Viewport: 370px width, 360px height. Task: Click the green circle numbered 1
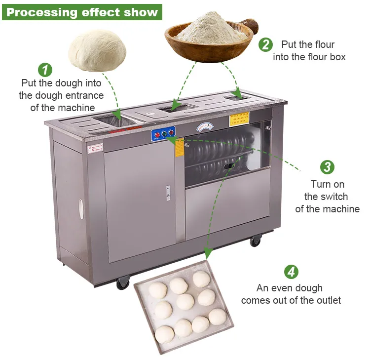[x=45, y=69]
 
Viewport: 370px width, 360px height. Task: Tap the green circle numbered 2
[x=265, y=44]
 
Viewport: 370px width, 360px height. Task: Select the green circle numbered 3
[x=327, y=167]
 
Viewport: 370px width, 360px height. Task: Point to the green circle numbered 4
[x=291, y=272]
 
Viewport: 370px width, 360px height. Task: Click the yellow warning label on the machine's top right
[x=239, y=119]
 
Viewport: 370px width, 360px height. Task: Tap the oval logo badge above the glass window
[x=205, y=127]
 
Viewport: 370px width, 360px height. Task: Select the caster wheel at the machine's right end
[x=255, y=241]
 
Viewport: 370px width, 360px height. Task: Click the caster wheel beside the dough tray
[x=122, y=283]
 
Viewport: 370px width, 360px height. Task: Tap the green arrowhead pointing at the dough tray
[x=208, y=253]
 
